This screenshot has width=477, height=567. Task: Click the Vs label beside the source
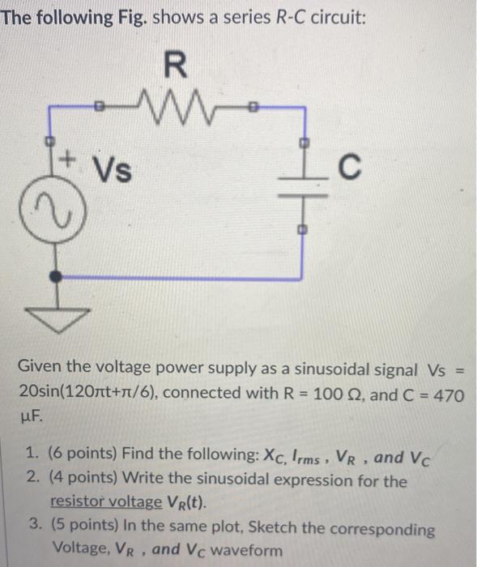coord(114,171)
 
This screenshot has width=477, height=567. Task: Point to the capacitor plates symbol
coord(305,190)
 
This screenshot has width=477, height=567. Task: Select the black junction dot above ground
coord(55,276)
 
